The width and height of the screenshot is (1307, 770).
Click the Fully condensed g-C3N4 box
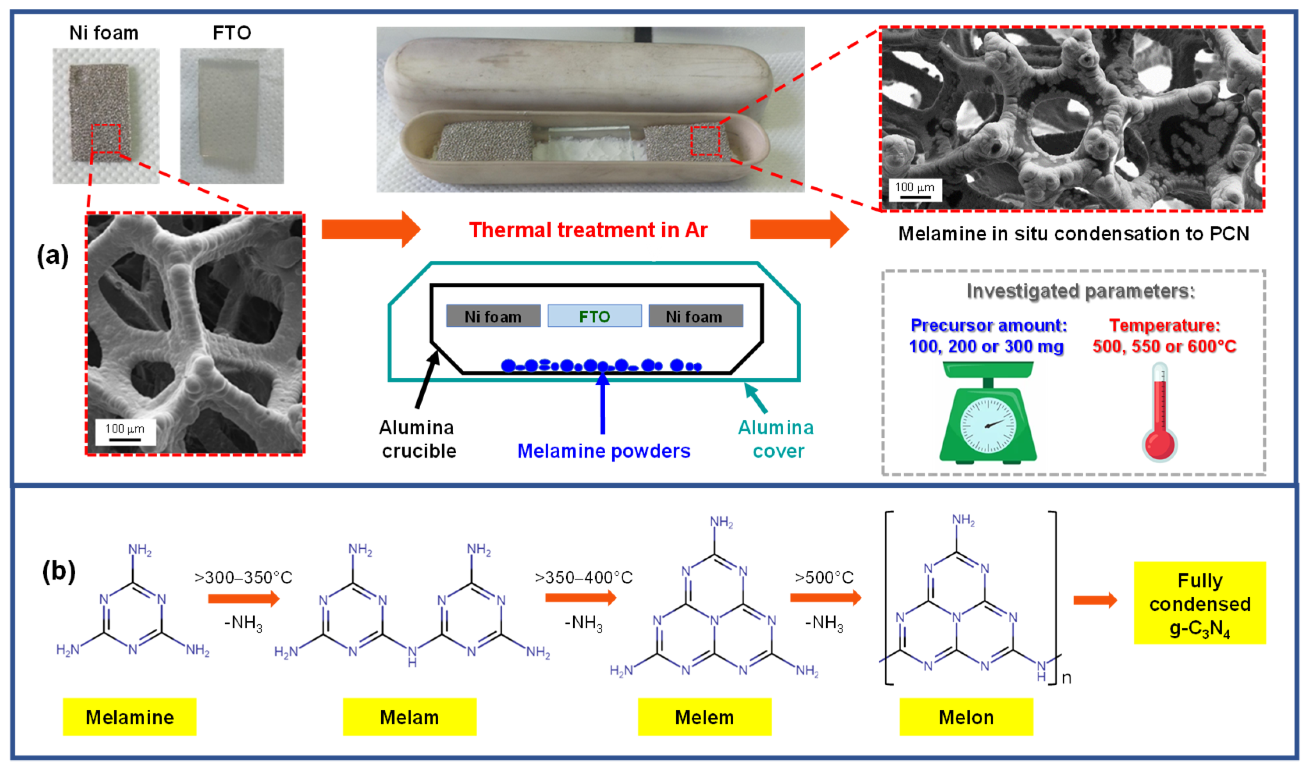click(x=1200, y=603)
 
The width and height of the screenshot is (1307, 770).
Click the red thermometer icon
click(x=1159, y=413)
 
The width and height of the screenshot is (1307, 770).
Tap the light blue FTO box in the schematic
click(x=595, y=316)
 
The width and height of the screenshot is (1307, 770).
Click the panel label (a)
click(x=52, y=256)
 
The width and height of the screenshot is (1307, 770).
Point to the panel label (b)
click(x=59, y=572)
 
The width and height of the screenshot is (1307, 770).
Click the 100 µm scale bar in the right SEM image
click(x=915, y=190)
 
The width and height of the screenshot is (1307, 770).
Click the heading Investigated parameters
click(x=1080, y=291)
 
